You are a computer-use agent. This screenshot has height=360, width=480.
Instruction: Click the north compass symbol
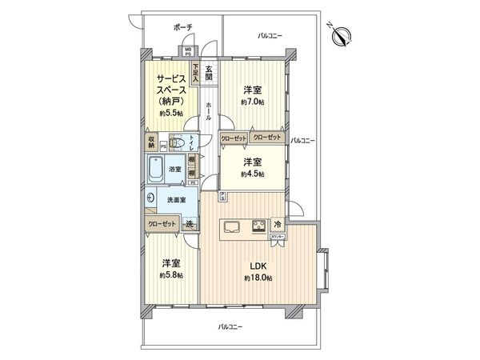343,35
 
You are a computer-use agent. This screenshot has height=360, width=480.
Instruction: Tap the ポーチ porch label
183,27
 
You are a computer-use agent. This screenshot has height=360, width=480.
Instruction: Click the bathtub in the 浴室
155,170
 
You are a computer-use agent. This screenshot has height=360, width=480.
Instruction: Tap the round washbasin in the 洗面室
150,198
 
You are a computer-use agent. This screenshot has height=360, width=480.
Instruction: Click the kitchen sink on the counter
231,225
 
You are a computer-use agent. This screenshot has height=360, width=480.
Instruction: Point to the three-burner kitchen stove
259,225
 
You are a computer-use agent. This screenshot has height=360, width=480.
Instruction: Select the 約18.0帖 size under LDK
258,278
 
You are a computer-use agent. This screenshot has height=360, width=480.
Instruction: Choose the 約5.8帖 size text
170,275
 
